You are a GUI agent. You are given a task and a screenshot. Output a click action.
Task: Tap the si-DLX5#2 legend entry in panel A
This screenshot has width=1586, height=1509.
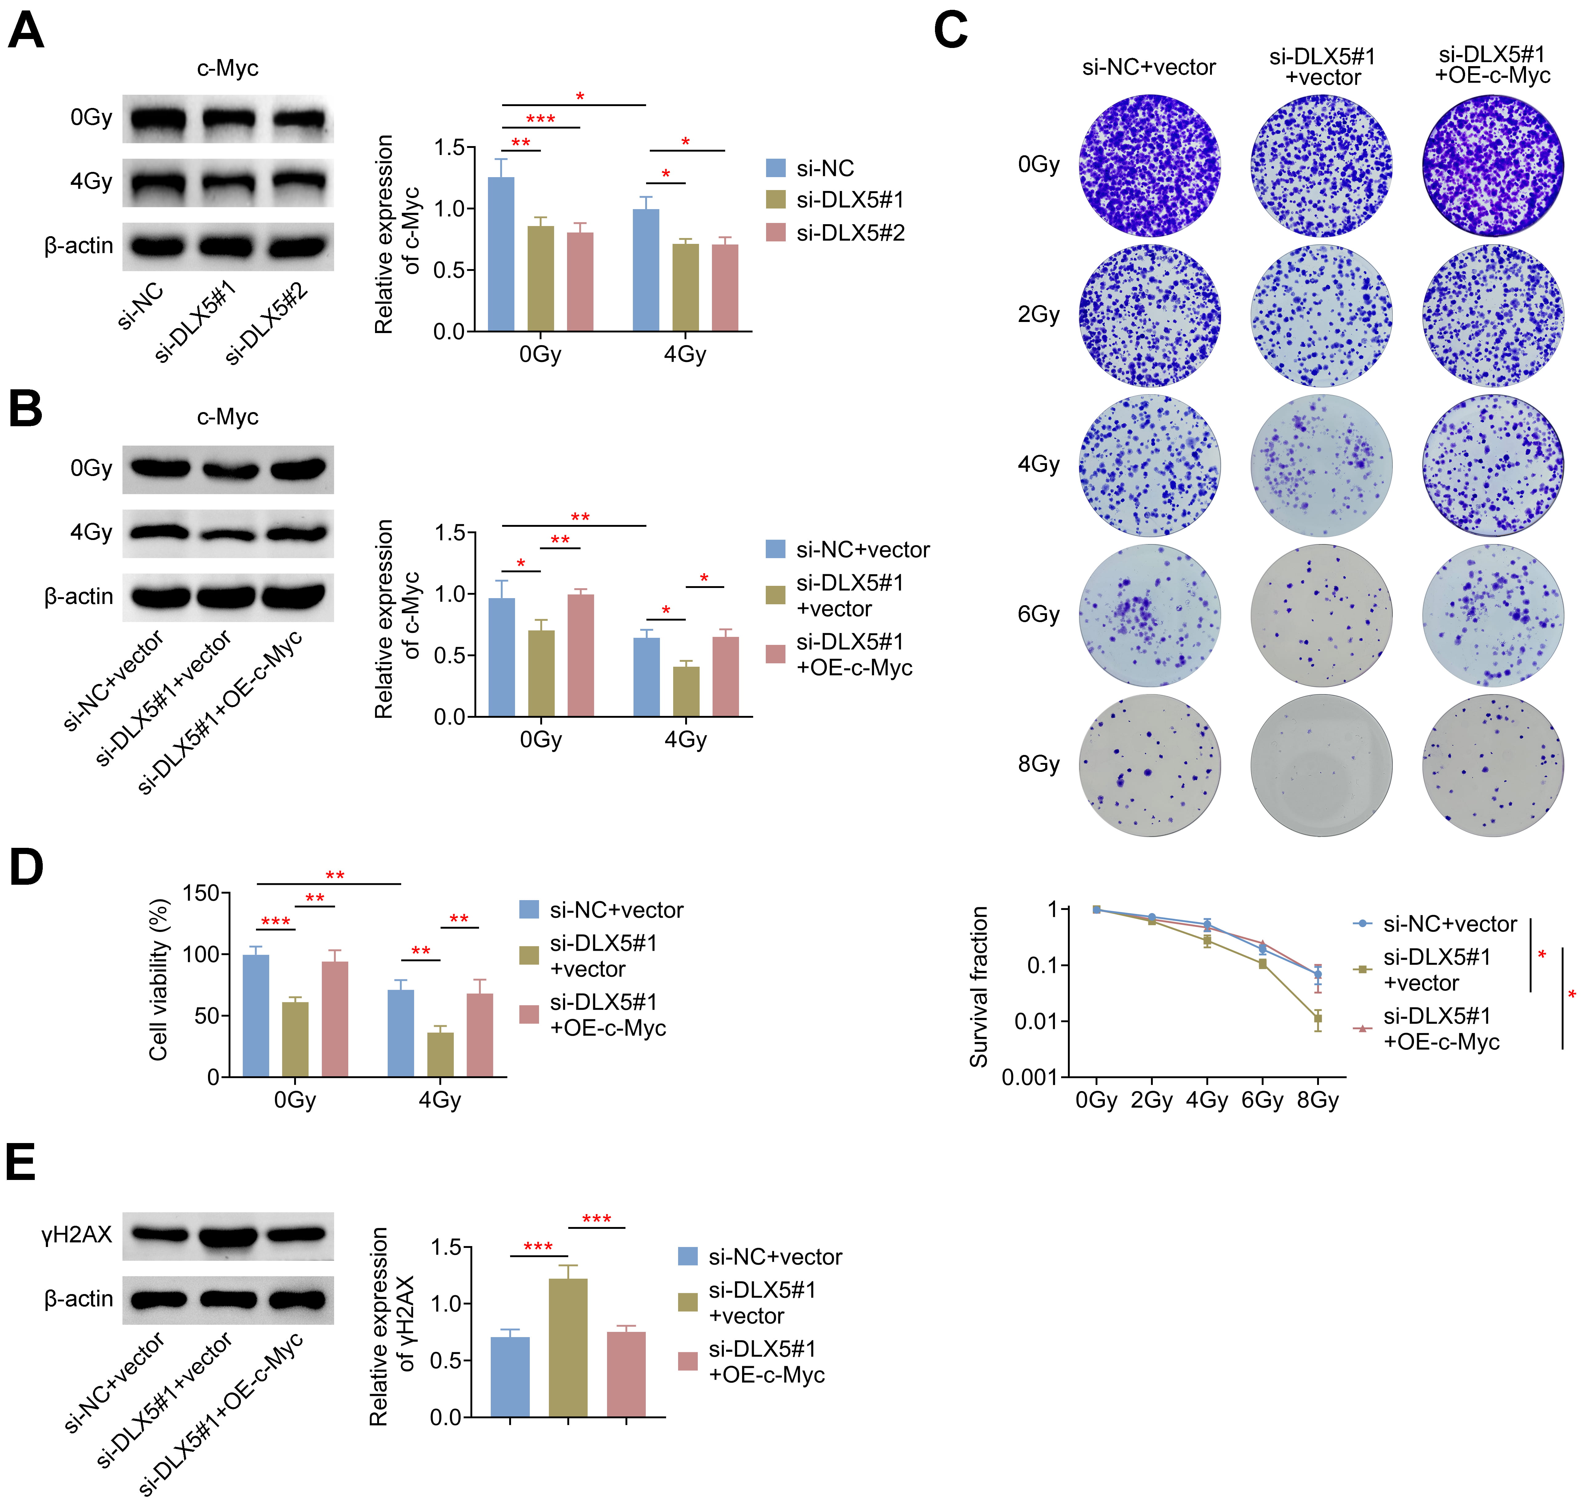[x=837, y=233]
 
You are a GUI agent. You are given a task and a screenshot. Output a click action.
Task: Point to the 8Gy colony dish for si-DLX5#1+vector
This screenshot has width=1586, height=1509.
[x=1321, y=765]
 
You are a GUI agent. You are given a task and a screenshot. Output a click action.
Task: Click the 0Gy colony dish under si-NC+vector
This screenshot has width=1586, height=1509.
[x=1149, y=166]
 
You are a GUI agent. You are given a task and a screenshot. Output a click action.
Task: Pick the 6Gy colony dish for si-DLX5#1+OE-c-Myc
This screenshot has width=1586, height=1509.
[x=1493, y=615]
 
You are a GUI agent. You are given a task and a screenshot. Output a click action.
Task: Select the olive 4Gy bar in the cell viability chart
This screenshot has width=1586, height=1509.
[x=440, y=1054]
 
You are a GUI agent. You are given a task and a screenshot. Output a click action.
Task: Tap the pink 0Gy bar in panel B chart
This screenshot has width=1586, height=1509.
[x=580, y=656]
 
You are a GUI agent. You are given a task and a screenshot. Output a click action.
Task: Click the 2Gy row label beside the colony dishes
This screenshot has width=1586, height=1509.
[x=1038, y=315]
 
